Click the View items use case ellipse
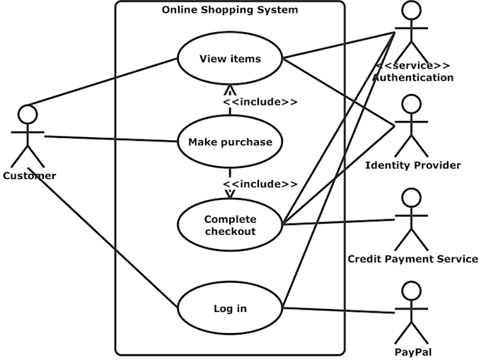coord(230,59)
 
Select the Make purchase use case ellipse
coord(230,142)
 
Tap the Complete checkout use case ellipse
coord(230,225)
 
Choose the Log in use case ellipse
coord(230,308)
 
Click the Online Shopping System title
coord(230,10)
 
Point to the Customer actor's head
coord(27,115)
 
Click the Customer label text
coord(29,175)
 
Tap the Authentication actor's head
coord(412,12)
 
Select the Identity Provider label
coord(412,166)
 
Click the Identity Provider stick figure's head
coord(412,104)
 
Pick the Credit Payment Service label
coord(412,259)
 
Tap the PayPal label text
coord(412,352)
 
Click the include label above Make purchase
coord(260,102)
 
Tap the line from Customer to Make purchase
coord(110,138)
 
